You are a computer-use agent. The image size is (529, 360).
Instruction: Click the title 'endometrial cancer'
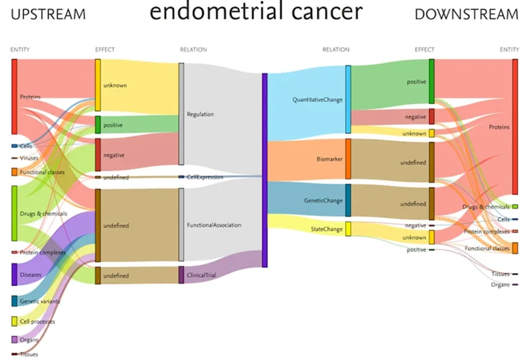[256, 13]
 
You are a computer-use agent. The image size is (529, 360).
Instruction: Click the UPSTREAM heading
[48, 14]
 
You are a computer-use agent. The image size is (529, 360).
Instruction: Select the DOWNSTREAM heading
[467, 15]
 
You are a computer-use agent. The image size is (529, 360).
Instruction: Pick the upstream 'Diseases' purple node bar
[15, 275]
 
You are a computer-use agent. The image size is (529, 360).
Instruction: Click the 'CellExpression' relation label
[205, 177]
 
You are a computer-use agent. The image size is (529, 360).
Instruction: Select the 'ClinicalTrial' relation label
[202, 275]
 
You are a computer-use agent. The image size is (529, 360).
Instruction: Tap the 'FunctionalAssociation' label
[214, 225]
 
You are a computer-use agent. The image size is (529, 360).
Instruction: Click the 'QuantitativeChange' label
[318, 99]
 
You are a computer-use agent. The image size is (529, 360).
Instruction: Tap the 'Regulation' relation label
[201, 114]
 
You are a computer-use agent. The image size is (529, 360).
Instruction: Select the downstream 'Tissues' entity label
[500, 274]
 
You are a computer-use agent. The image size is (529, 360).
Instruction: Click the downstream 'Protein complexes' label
[487, 232]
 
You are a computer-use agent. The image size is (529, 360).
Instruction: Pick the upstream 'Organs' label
[29, 340]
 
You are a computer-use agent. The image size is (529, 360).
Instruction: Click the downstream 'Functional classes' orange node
[514, 248]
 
